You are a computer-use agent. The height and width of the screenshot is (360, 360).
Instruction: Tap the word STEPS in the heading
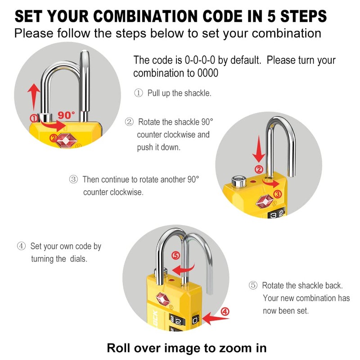[x=303, y=16]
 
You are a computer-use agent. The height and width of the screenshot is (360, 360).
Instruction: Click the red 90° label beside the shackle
[x=66, y=115]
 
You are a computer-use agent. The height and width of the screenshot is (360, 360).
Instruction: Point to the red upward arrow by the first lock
[x=33, y=96]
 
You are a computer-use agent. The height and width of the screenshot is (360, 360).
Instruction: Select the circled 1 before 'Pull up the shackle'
[x=139, y=93]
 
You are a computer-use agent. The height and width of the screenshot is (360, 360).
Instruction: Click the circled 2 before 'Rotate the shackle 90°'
[x=129, y=121]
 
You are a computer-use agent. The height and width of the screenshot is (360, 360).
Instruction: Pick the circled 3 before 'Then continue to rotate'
[x=73, y=179]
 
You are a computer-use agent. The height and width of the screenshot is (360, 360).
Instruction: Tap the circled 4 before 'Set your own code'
[x=21, y=246]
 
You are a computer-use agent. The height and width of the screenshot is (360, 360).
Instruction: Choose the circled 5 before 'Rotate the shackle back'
[x=253, y=285]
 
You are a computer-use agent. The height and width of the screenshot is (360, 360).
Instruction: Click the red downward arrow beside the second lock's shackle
[x=259, y=149]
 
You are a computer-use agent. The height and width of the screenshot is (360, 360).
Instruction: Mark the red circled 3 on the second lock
[x=278, y=194]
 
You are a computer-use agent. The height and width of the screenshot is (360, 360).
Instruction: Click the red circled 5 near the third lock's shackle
[x=176, y=255]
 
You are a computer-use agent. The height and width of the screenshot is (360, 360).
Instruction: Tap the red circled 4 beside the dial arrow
[x=225, y=311]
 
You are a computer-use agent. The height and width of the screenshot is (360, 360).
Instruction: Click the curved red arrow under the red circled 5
[x=183, y=269]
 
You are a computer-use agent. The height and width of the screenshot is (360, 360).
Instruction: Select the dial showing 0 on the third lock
[x=195, y=320]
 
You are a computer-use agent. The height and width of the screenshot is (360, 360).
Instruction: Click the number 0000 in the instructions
[x=208, y=73]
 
